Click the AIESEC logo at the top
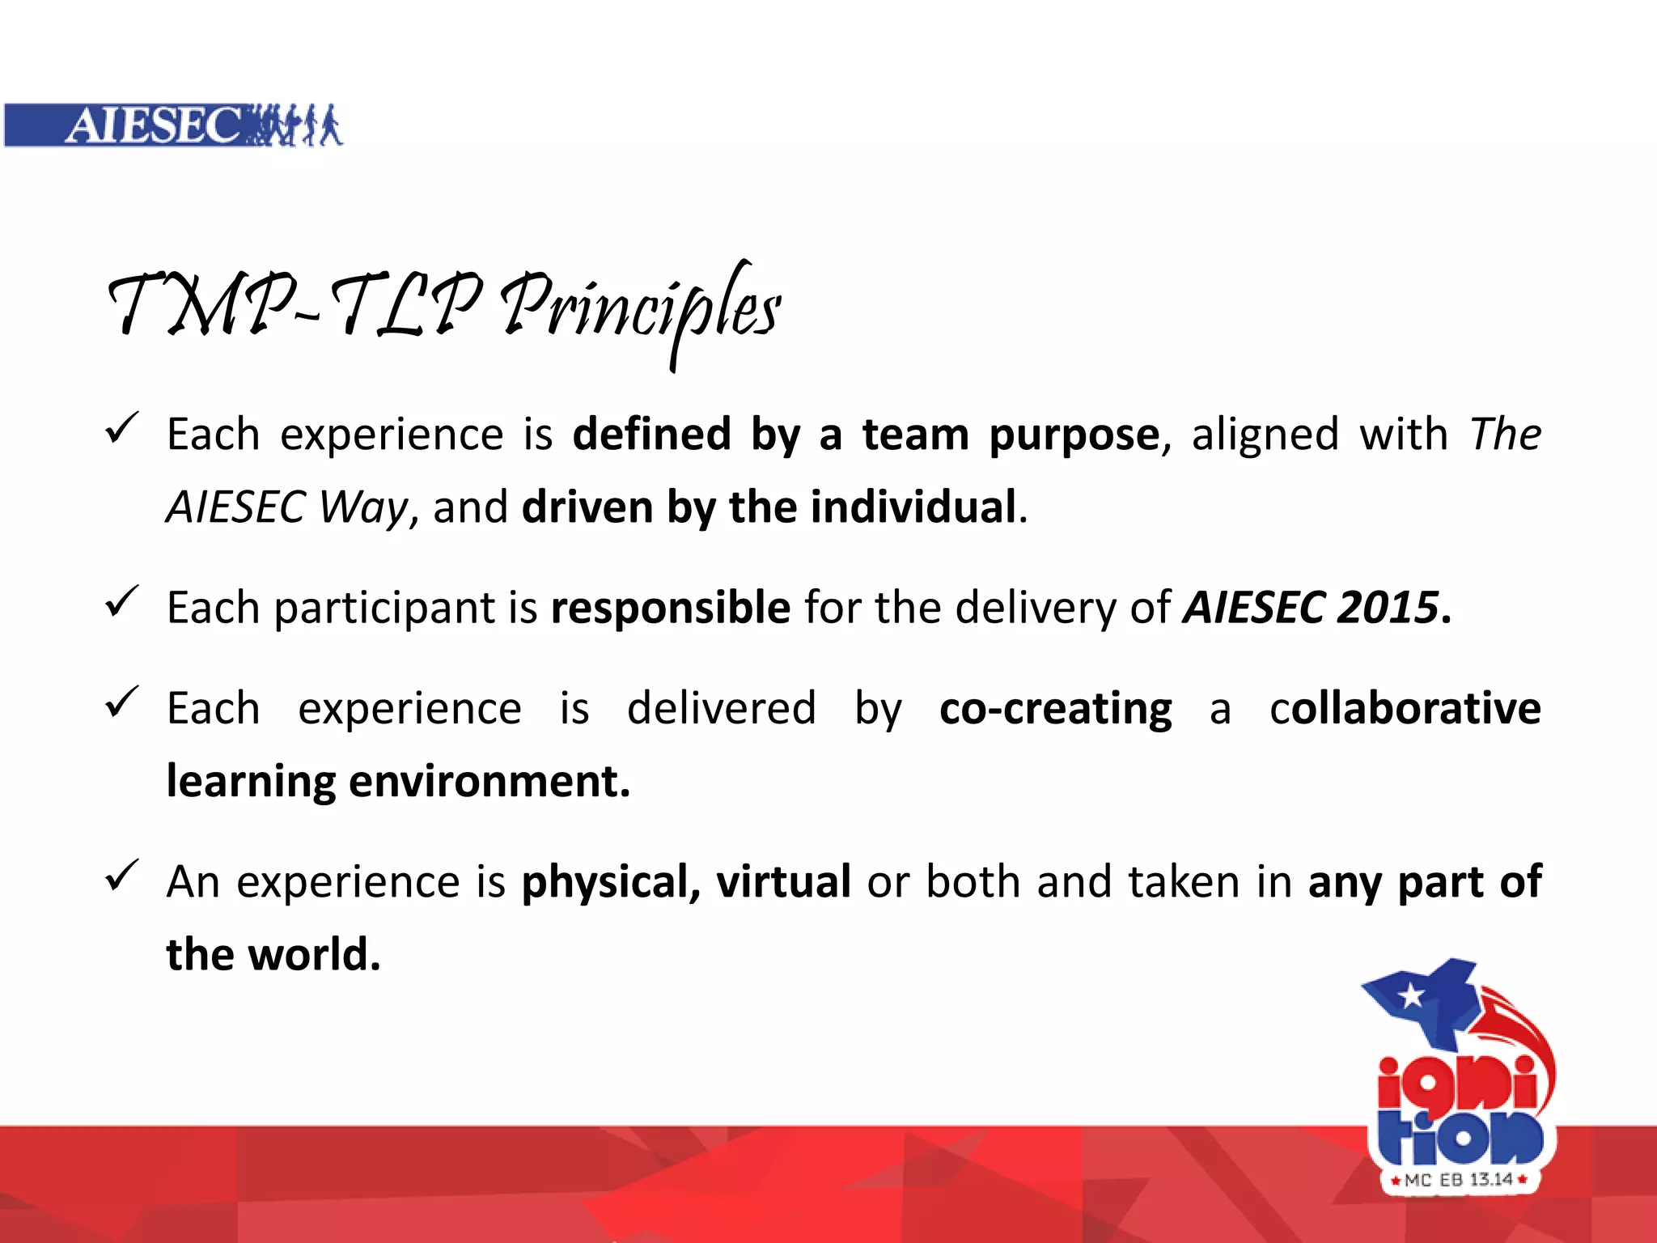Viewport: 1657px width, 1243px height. point(173,125)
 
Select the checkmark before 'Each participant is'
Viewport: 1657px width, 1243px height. point(122,603)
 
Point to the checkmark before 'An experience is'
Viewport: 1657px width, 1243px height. point(122,876)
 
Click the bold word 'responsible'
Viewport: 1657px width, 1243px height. point(670,608)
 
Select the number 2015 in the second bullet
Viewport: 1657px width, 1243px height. point(1387,608)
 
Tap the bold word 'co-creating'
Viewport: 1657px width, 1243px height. point(1055,710)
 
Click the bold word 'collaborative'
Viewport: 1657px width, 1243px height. point(1405,708)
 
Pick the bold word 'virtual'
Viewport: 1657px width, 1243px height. point(783,881)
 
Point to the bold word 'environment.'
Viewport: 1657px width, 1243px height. point(489,783)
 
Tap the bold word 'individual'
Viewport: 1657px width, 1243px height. point(913,507)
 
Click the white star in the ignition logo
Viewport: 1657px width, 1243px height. point(1411,995)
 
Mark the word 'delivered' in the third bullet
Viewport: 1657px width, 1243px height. point(721,708)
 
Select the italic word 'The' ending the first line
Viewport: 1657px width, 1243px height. point(1505,435)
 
